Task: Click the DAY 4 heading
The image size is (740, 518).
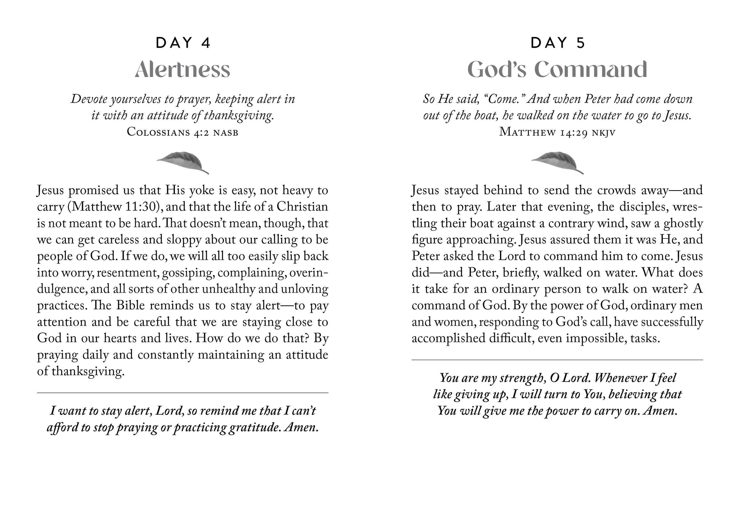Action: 183,43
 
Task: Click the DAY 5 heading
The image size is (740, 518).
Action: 557,43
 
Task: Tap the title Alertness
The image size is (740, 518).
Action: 183,70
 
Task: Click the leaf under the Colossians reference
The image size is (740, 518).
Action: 183,162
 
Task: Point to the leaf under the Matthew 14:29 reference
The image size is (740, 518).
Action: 557,162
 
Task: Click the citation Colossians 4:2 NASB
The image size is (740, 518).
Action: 183,132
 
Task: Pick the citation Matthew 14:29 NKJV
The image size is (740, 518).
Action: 557,132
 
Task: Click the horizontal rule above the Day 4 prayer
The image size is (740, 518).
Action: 183,392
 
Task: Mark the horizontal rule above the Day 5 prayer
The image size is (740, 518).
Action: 557,360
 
